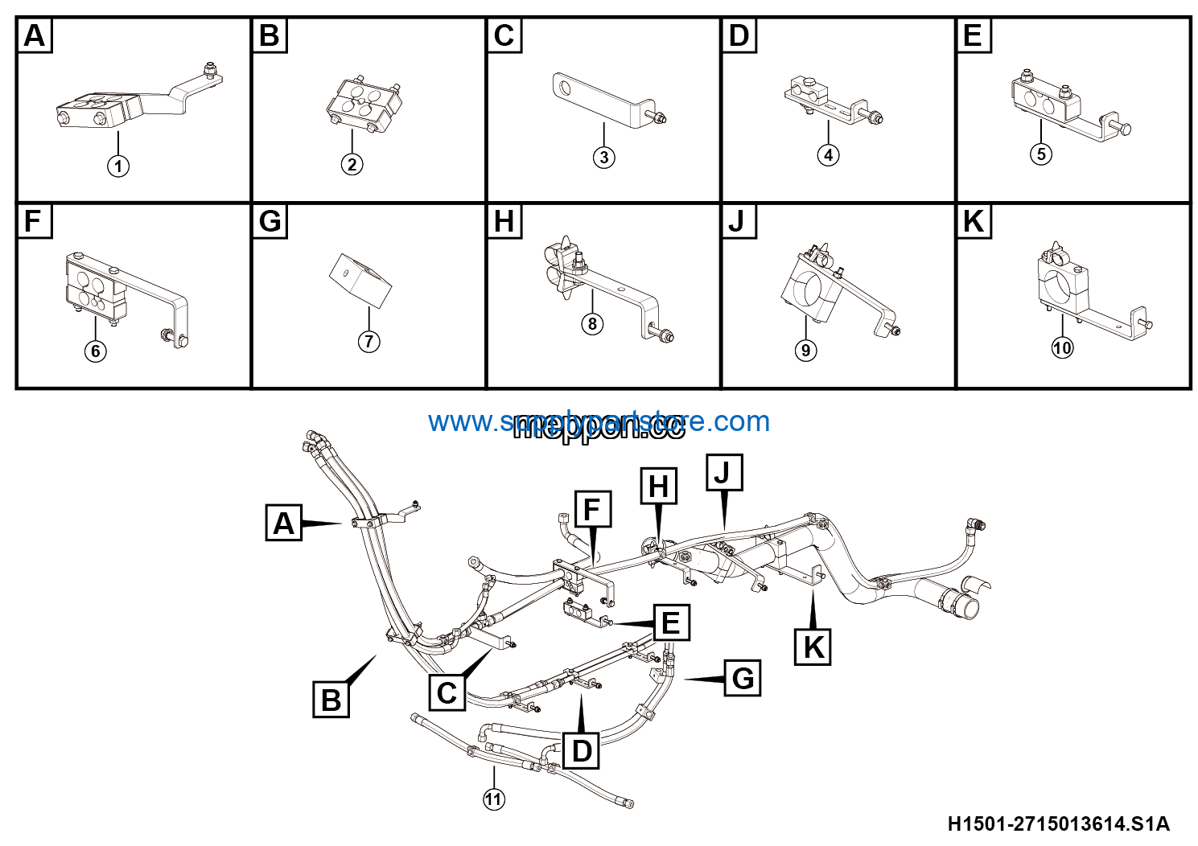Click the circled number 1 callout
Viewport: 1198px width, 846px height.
point(118,166)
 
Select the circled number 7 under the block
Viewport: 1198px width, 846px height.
point(368,341)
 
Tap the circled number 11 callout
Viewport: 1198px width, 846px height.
point(493,799)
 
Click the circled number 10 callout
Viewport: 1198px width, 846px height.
point(1062,347)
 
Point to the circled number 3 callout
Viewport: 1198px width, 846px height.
point(603,157)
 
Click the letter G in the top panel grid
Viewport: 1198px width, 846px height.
point(270,221)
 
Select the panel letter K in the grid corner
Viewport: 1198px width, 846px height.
point(974,221)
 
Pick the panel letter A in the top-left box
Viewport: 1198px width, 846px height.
point(35,36)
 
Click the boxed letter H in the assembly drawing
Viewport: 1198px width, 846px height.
point(658,486)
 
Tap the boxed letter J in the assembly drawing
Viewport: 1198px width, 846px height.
point(723,472)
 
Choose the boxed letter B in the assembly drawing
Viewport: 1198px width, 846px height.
point(331,699)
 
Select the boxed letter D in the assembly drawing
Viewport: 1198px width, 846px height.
point(581,751)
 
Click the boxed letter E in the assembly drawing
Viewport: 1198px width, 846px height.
point(671,623)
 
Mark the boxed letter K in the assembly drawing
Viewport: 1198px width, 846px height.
point(813,647)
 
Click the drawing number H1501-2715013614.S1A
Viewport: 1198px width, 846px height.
point(1058,823)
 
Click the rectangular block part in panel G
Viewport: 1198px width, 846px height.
point(360,280)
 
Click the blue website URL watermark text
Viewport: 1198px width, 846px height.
point(599,421)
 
